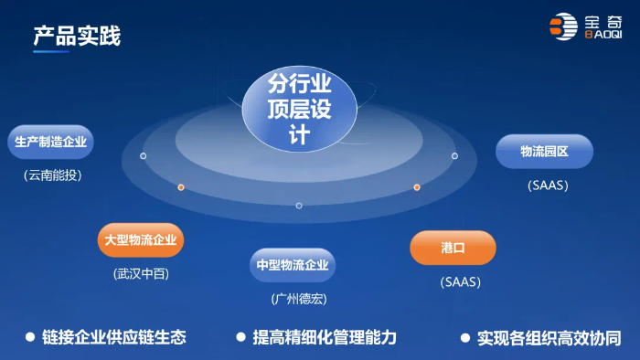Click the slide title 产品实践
(x=77, y=37)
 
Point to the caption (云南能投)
(x=53, y=175)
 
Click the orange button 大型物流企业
(x=142, y=240)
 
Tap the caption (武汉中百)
(x=142, y=273)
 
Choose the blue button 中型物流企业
(x=292, y=266)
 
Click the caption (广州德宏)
(x=298, y=299)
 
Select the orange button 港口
(x=453, y=248)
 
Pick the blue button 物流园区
(x=544, y=152)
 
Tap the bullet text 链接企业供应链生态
(x=114, y=337)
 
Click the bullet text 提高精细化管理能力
(x=325, y=337)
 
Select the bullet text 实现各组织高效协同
(x=549, y=337)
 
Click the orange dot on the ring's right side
(x=417, y=187)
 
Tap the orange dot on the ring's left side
(x=181, y=187)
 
